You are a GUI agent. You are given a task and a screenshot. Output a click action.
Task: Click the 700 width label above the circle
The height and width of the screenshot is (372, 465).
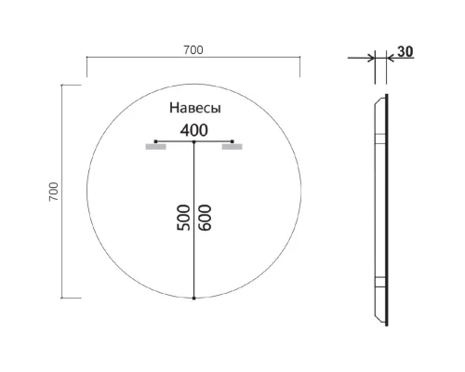pyautogui.click(x=193, y=49)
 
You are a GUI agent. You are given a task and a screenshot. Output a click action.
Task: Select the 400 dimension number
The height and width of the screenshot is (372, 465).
pyautogui.click(x=193, y=130)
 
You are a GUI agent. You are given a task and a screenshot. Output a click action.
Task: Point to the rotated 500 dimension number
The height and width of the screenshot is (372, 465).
pyautogui.click(x=183, y=217)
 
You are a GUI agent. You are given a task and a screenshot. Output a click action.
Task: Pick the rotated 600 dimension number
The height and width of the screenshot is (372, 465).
pyautogui.click(x=205, y=217)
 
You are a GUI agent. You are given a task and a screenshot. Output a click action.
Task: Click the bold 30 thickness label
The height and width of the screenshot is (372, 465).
pyautogui.click(x=405, y=52)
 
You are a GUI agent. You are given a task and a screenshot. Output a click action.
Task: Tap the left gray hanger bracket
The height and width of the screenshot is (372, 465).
pyautogui.click(x=155, y=146)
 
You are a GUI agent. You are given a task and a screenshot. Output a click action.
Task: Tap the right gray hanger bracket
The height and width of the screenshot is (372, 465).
pyautogui.click(x=232, y=146)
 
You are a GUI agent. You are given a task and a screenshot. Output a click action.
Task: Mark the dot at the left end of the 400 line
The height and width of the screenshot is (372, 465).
pyautogui.click(x=155, y=141)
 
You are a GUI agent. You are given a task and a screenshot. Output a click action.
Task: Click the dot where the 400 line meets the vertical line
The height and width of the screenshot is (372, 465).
pyautogui.click(x=193, y=141)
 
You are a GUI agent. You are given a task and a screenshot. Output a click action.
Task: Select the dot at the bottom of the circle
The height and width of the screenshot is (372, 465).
pyautogui.click(x=193, y=299)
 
